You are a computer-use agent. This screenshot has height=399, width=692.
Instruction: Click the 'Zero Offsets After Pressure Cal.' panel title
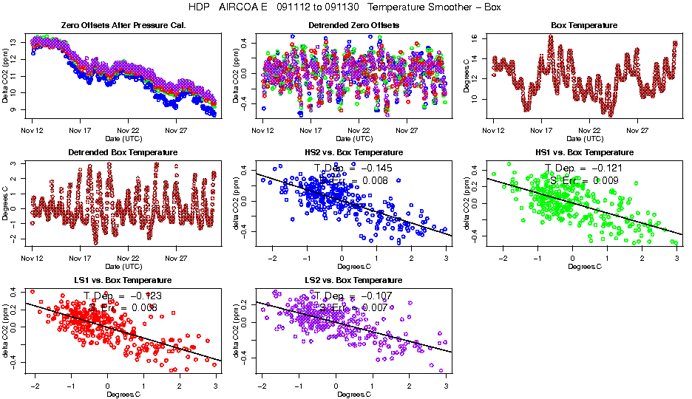(x=123, y=25)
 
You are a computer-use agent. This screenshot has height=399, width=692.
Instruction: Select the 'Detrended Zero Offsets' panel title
(x=353, y=25)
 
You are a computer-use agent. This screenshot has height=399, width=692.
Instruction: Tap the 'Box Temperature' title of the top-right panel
(x=583, y=25)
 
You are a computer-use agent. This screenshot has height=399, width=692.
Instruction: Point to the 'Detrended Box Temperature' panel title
(x=123, y=152)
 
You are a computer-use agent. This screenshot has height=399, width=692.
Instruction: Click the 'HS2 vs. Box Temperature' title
(x=353, y=152)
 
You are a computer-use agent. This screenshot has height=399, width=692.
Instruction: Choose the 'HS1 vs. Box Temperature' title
(x=583, y=152)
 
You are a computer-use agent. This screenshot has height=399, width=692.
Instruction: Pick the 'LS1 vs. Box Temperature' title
(x=123, y=280)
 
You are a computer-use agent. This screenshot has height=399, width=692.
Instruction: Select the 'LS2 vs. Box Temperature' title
(x=353, y=280)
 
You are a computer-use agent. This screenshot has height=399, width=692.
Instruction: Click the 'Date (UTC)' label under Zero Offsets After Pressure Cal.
(x=123, y=138)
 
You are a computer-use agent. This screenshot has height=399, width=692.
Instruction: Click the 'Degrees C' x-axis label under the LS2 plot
(x=353, y=394)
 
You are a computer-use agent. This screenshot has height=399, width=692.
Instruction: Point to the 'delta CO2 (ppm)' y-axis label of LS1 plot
(x=6, y=329)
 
